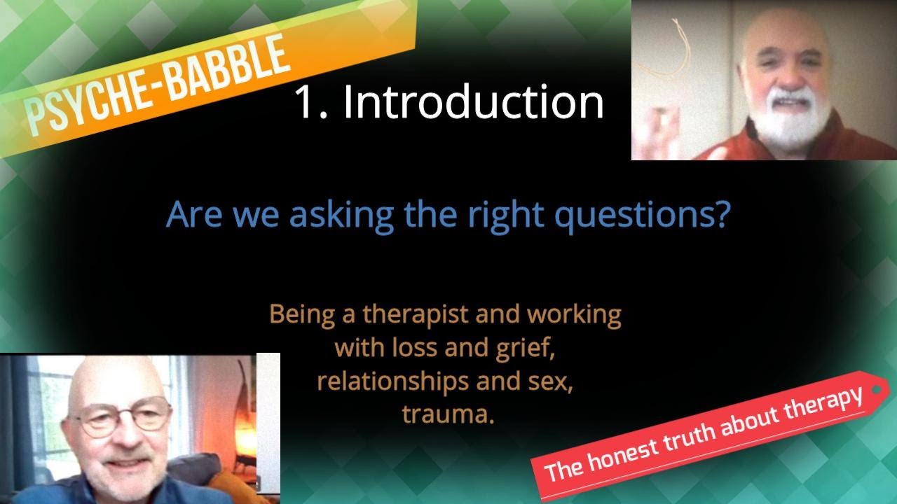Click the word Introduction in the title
coord(473,101)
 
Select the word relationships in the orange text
coord(388,382)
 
